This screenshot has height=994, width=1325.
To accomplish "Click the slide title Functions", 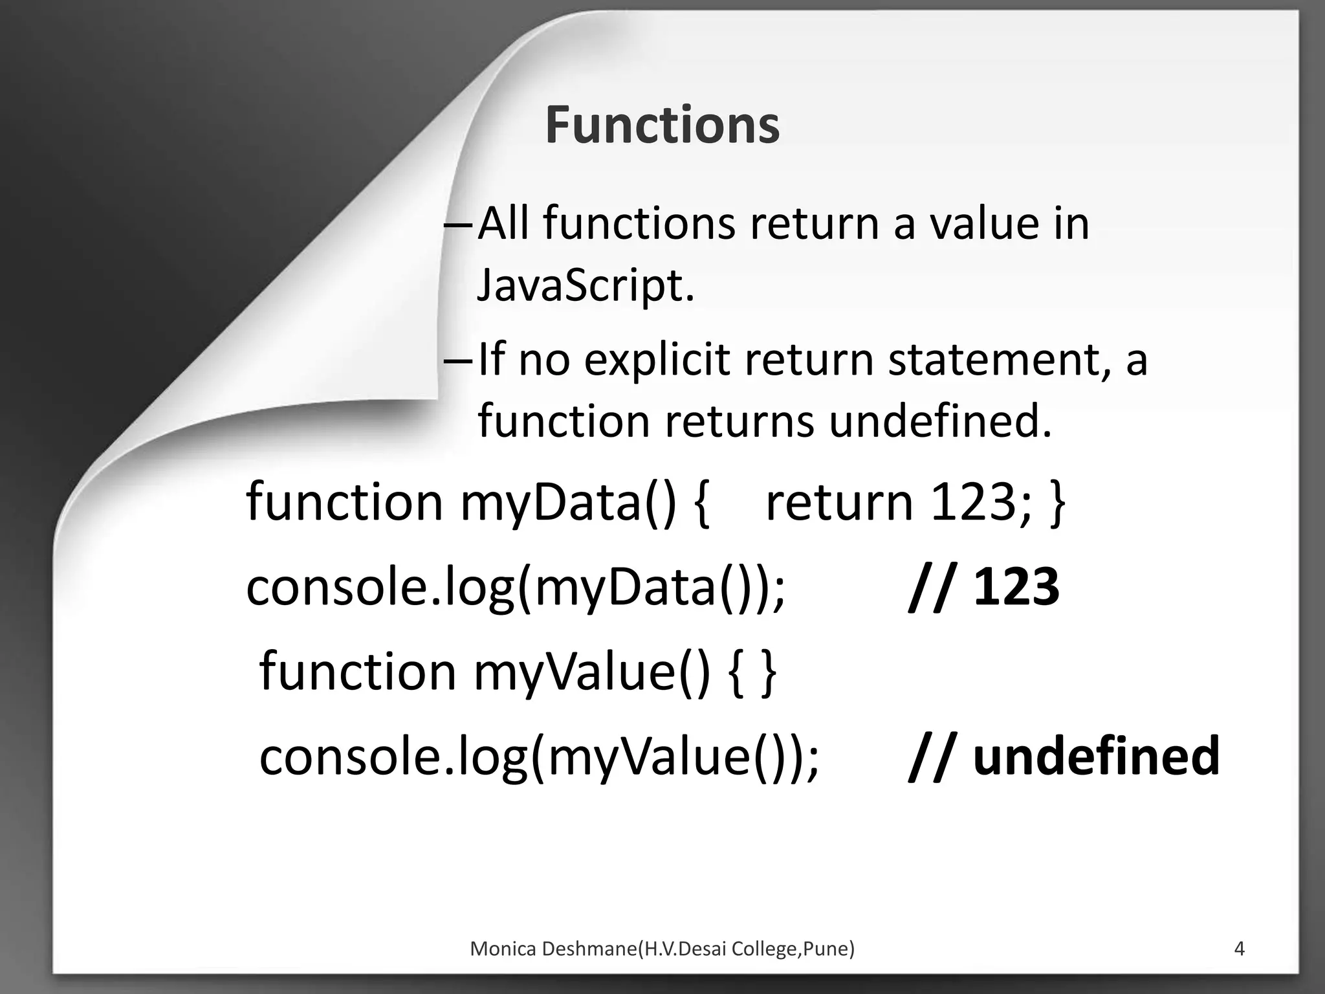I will click(662, 125).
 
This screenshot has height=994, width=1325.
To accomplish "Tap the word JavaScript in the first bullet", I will click(585, 285).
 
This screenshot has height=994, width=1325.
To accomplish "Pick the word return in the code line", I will click(839, 503).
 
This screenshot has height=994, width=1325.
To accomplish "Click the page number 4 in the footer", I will click(1239, 949).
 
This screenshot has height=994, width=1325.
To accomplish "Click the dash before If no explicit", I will click(459, 361).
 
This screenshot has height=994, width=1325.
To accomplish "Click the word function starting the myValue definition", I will click(358, 672).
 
